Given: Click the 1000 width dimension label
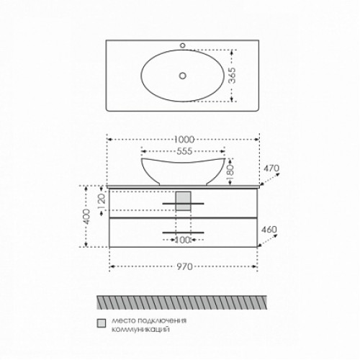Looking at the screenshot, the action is [184, 140].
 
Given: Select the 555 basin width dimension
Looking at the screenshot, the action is [184, 151].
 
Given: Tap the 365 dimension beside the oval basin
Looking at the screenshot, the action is [232, 76].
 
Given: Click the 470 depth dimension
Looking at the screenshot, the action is [271, 168].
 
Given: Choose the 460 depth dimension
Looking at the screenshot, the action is [269, 230].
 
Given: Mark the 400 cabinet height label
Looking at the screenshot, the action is [87, 217].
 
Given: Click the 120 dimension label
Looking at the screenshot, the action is [102, 201].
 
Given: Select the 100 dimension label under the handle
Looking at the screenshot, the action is [183, 240].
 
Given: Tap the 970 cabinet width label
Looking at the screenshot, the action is [185, 266].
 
